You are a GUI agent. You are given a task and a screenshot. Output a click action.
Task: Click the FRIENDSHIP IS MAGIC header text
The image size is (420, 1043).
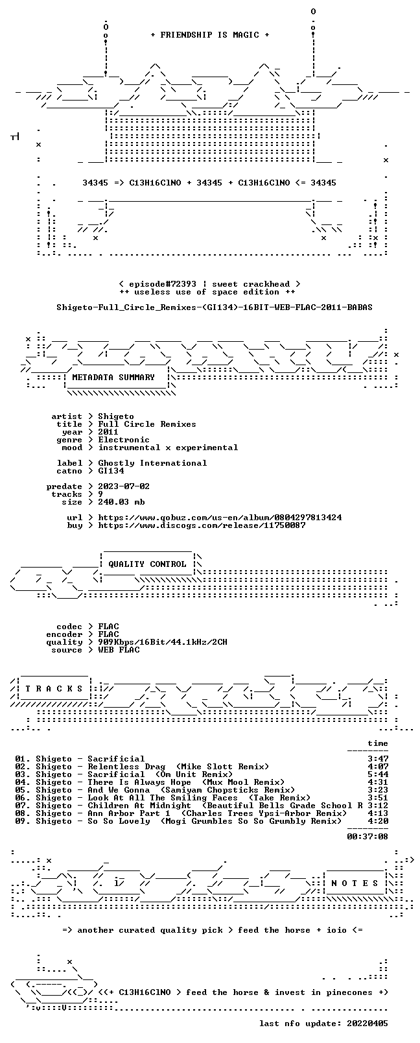(210, 35)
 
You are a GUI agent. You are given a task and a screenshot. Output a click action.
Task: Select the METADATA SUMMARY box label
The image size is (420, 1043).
(113, 377)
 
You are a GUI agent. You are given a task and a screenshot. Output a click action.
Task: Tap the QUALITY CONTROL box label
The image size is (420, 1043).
(147, 564)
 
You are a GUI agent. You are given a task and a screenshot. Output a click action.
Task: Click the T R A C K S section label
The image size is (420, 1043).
(54, 689)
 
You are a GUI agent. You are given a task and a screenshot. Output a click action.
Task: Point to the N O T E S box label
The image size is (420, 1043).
(355, 883)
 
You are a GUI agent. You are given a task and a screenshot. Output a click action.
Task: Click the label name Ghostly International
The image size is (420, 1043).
(152, 463)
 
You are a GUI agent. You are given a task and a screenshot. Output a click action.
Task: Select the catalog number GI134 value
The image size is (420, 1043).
(111, 471)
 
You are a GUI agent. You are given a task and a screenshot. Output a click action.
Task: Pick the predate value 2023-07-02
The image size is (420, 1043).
(124, 486)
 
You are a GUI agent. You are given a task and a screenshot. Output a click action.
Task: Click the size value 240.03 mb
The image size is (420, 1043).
(121, 502)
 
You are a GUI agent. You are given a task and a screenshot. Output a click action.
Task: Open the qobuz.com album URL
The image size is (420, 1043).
(220, 518)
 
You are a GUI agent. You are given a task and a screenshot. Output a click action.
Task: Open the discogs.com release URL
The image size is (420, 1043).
(202, 525)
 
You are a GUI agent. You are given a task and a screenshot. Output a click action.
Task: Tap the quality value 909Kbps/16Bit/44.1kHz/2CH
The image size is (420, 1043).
(162, 642)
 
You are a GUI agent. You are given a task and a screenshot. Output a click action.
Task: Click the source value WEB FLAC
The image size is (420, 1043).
(119, 650)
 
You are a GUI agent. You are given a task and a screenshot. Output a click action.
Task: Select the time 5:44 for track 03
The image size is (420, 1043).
(378, 774)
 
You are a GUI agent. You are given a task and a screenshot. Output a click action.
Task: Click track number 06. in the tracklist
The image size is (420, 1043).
(23, 798)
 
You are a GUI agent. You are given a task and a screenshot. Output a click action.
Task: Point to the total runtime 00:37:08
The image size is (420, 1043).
(367, 837)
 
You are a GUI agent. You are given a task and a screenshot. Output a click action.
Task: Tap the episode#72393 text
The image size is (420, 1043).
(162, 284)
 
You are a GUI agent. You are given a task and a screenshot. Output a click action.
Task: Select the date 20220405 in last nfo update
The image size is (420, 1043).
(367, 1024)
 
